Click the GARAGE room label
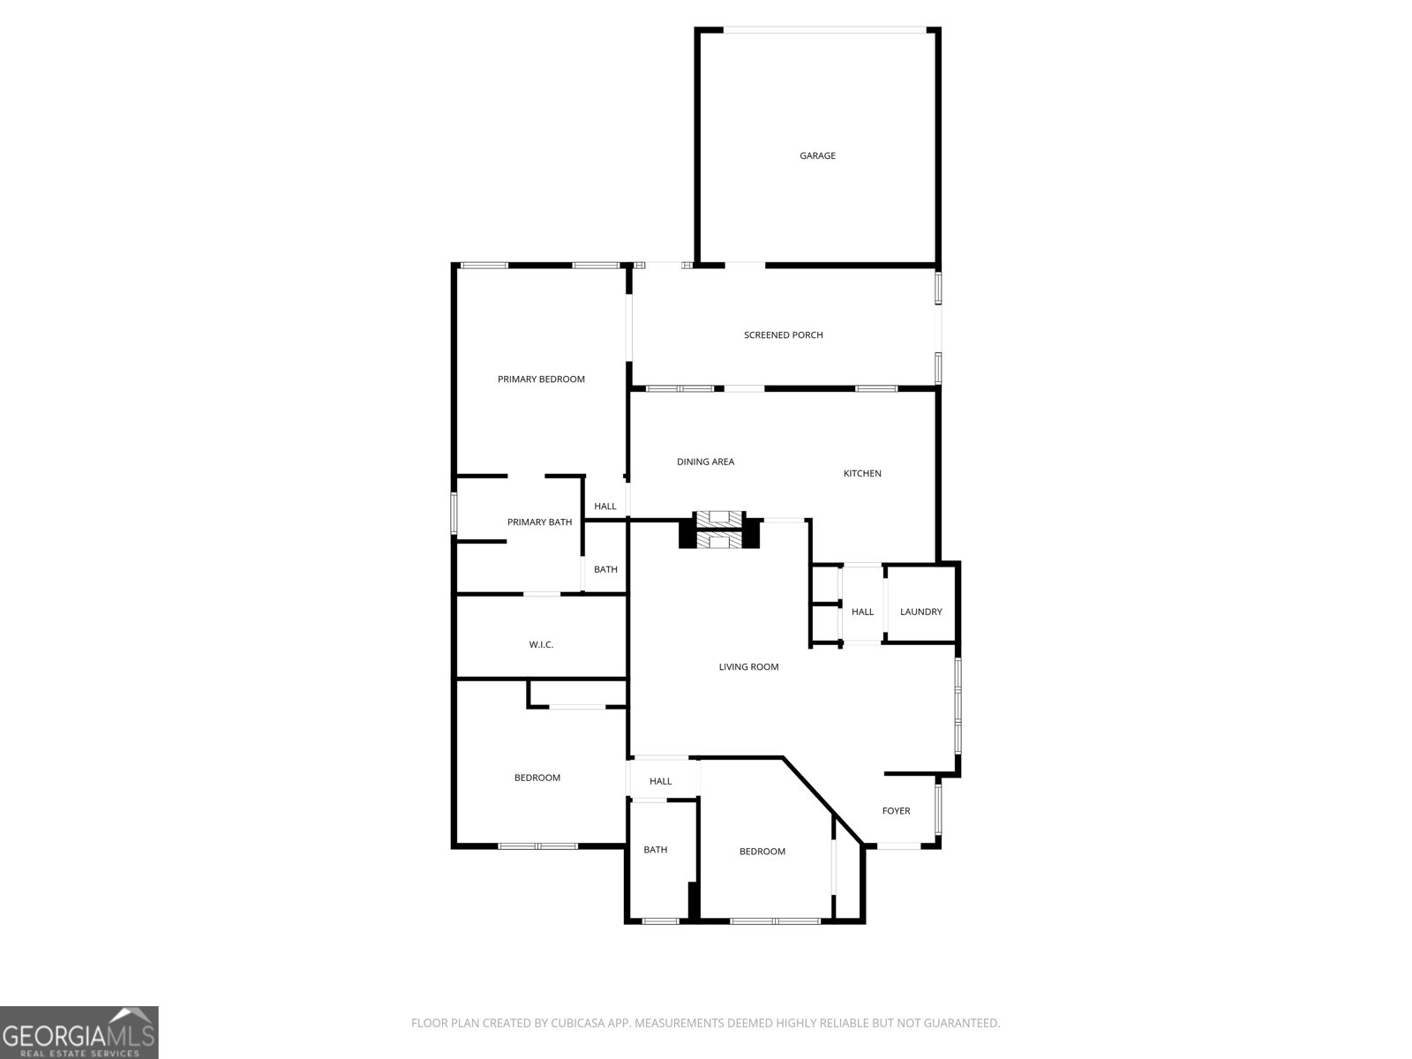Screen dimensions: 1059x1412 (x=817, y=156)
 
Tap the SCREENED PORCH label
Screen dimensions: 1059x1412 (x=783, y=335)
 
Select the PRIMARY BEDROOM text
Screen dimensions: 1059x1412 (x=541, y=379)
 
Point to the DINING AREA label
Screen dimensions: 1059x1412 (x=705, y=462)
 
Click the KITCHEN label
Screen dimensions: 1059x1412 (x=862, y=474)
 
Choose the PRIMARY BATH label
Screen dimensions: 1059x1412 (x=539, y=522)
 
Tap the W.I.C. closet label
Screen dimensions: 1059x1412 (x=541, y=645)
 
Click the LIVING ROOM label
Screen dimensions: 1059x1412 (x=748, y=667)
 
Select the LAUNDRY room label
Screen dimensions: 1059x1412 (x=920, y=612)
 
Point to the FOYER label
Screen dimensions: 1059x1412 (x=896, y=811)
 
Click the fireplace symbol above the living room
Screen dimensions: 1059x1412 (x=719, y=530)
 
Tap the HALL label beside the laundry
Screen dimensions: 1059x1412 (x=862, y=612)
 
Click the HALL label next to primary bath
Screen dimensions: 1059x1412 (x=605, y=507)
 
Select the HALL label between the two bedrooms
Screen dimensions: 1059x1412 (x=660, y=781)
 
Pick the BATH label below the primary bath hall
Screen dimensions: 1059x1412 (x=605, y=570)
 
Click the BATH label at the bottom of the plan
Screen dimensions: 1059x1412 (x=655, y=850)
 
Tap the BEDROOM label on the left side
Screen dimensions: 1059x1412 (x=537, y=777)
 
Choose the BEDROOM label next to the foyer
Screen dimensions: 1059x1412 (x=762, y=852)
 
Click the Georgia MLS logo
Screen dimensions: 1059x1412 (x=79, y=1032)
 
